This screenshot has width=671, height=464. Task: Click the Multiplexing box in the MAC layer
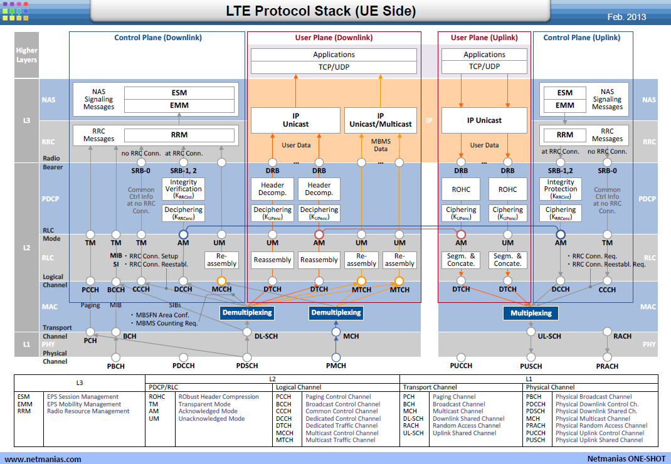pyautogui.click(x=531, y=313)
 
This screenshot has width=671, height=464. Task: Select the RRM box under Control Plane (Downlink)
pyautogui.click(x=179, y=135)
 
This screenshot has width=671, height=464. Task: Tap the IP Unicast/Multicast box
pyautogui.click(x=381, y=120)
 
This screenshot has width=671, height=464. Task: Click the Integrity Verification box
pyautogui.click(x=184, y=189)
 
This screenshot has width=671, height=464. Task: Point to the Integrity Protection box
pyautogui.click(x=561, y=189)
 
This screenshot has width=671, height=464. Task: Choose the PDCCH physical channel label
pyautogui.click(x=184, y=366)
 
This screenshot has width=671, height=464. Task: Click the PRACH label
pyautogui.click(x=607, y=366)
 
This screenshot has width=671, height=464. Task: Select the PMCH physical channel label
pyautogui.click(x=336, y=366)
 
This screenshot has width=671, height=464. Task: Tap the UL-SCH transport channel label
pyautogui.click(x=549, y=337)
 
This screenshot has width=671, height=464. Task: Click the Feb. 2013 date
pyautogui.click(x=626, y=17)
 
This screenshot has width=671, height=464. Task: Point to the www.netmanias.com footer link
pyautogui.click(x=43, y=459)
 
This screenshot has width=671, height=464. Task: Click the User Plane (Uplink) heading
pyautogui.click(x=484, y=38)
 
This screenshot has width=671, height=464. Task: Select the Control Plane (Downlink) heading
pyautogui.click(x=158, y=38)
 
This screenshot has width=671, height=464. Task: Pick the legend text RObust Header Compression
pyautogui.click(x=219, y=397)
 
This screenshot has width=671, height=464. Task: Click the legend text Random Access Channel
pyautogui.click(x=467, y=426)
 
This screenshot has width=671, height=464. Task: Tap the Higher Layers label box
pyautogui.click(x=26, y=55)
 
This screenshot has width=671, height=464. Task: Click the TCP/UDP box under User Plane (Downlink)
pyautogui.click(x=334, y=66)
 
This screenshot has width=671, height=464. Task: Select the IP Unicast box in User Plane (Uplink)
pyautogui.click(x=484, y=120)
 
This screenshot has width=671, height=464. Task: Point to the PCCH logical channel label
pyautogui.click(x=90, y=290)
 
